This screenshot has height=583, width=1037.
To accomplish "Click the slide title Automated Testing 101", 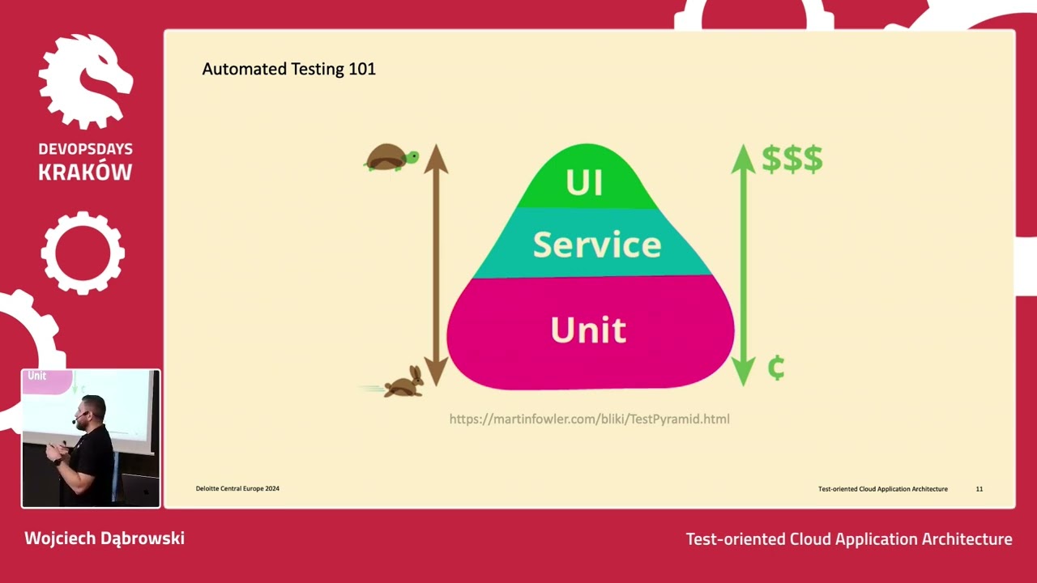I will [288, 70].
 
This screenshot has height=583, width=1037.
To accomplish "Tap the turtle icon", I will [391, 157].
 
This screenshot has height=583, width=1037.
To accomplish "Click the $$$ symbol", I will [792, 160].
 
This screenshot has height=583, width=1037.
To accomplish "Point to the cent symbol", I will [775, 368].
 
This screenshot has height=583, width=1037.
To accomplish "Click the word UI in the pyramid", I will [584, 183].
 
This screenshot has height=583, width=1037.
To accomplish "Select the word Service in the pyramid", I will [597, 245].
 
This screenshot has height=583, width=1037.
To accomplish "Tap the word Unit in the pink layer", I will [588, 330].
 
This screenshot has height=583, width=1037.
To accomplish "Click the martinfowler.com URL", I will [589, 419].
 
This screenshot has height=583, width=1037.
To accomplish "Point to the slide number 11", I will [979, 489].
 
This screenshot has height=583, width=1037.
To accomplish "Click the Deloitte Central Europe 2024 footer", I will [237, 488].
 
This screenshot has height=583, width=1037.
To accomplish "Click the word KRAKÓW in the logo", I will [85, 172].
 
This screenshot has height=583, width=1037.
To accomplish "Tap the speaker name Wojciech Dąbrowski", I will [105, 538].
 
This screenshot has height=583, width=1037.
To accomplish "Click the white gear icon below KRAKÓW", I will [83, 253].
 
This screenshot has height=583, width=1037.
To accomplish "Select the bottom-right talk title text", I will [848, 539].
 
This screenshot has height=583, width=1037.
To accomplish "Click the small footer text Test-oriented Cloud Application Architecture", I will [882, 489].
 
